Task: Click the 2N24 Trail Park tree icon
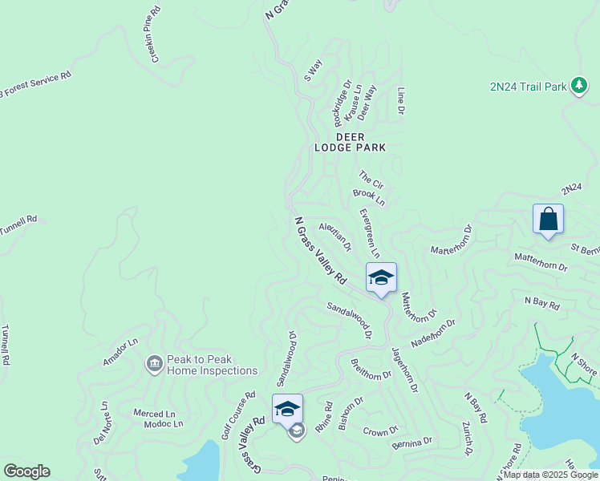click(579, 87)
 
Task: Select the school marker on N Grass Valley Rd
click(381, 278)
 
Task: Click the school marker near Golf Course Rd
click(287, 409)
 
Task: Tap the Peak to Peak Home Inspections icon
click(153, 366)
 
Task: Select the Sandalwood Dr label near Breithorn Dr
click(349, 318)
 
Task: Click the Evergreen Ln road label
click(369, 232)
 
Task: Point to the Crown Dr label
click(381, 430)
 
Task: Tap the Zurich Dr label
click(467, 438)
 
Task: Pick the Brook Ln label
click(369, 197)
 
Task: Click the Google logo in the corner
click(26, 471)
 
